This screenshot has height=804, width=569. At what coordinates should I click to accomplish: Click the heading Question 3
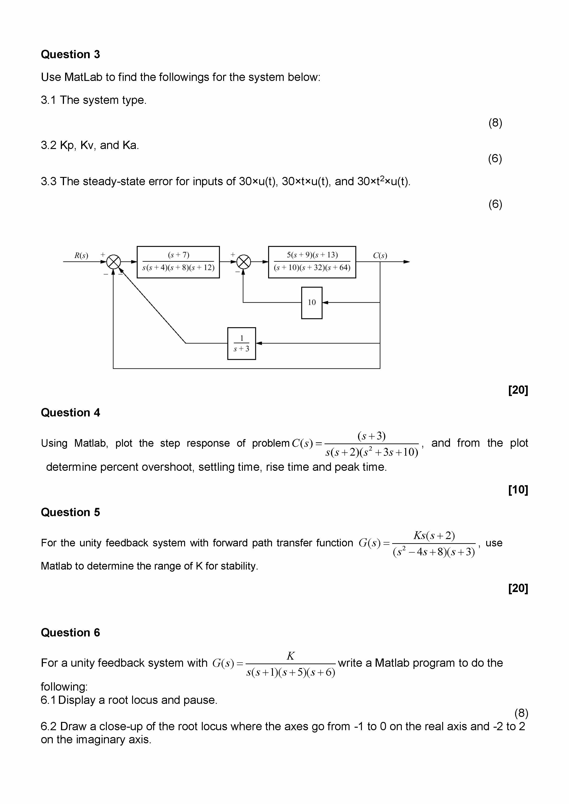point(70,54)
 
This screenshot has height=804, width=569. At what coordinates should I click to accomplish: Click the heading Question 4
point(70,413)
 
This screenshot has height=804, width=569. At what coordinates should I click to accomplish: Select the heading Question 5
point(70,512)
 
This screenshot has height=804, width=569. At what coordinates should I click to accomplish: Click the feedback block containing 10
point(311,303)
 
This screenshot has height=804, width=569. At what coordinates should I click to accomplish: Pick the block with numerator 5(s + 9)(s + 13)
point(312,262)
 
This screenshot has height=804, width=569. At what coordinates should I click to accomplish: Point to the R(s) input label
point(81,255)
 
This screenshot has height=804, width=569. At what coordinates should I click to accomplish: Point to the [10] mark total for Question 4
point(518,490)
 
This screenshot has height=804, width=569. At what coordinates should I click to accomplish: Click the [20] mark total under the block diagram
point(518,390)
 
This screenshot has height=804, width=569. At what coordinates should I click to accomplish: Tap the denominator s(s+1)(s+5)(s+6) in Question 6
point(290,672)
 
